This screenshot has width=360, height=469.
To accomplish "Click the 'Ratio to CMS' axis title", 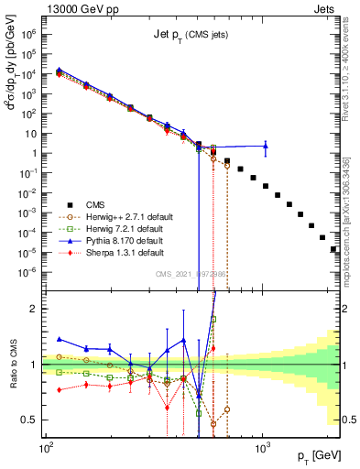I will point(11,365).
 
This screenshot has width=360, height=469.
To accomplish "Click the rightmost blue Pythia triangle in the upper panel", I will point(266,145).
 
